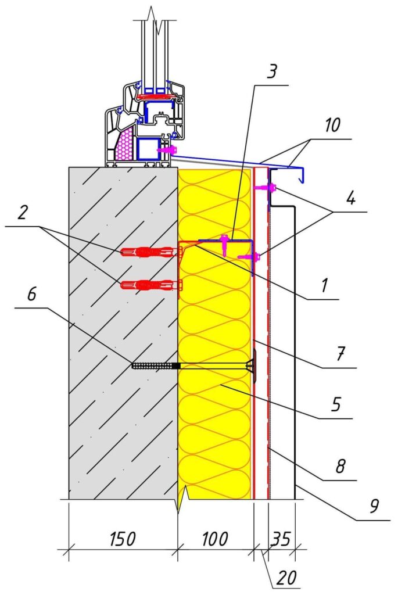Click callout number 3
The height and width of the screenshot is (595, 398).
tap(273, 73)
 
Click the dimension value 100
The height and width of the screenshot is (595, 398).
tap(215, 539)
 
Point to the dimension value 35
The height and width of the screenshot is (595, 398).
tap(281, 539)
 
